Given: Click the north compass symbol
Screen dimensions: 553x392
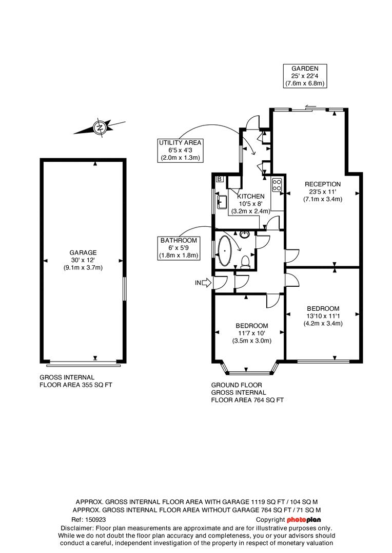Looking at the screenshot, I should pyautogui.click(x=100, y=126).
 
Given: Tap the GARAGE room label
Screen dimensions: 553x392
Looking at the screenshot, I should pyautogui.click(x=83, y=252).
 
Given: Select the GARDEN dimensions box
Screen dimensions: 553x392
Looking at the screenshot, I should pyautogui.click(x=305, y=75).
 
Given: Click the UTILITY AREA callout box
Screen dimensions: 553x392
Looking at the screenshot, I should pyautogui.click(x=181, y=150).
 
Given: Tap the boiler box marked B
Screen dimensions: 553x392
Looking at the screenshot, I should pyautogui.click(x=220, y=179).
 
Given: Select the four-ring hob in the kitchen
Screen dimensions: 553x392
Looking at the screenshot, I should pyautogui.click(x=277, y=184).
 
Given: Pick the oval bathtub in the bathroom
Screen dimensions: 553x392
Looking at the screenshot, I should pyautogui.click(x=226, y=251).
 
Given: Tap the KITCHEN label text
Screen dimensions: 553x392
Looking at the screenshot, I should pyautogui.click(x=251, y=196).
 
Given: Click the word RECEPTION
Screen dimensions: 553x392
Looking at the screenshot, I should pyautogui.click(x=322, y=184).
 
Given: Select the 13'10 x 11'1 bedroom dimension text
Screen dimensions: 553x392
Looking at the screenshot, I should pyautogui.click(x=323, y=316).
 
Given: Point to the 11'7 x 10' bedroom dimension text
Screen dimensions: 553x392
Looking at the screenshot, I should pyautogui.click(x=251, y=333).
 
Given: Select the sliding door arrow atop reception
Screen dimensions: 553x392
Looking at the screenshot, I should pyautogui.click(x=309, y=108).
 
